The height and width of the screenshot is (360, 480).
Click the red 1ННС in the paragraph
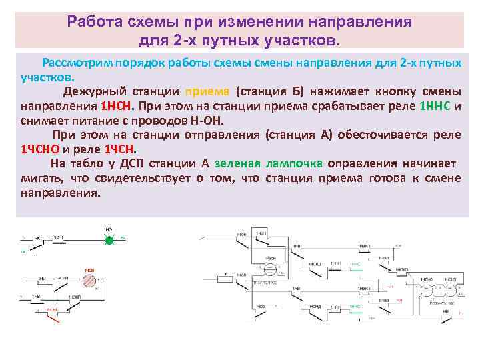435,107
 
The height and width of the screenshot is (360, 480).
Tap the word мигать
41,178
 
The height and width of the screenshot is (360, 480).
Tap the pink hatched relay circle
89,280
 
